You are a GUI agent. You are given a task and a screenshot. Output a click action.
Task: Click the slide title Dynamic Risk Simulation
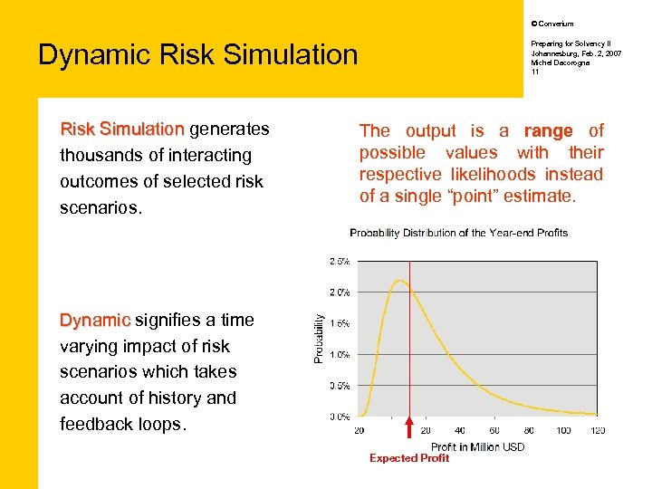click(x=197, y=54)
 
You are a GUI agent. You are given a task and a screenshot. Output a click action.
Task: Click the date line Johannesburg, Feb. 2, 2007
click(x=576, y=53)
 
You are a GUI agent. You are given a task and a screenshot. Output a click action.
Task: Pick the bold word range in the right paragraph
click(x=548, y=131)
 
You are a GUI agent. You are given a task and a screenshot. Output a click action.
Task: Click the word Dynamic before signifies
click(x=95, y=320)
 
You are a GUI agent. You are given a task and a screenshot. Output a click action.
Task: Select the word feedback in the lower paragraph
click(x=96, y=424)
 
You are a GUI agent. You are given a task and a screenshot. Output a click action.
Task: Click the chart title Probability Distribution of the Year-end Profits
click(x=458, y=233)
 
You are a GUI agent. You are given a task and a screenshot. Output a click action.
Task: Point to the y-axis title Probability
click(x=319, y=339)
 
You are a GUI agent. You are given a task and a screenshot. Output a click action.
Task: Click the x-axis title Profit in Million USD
click(x=477, y=446)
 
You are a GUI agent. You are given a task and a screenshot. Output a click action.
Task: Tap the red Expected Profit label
click(x=408, y=458)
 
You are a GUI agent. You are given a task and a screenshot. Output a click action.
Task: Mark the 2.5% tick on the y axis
click(x=340, y=261)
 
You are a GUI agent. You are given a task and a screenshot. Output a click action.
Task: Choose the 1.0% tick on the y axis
click(x=340, y=354)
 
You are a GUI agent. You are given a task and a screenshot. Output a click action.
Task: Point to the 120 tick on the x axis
click(x=598, y=430)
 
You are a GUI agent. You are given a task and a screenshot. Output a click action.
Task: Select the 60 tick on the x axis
click(x=494, y=430)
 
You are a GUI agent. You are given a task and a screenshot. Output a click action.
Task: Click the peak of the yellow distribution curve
click(x=398, y=282)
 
